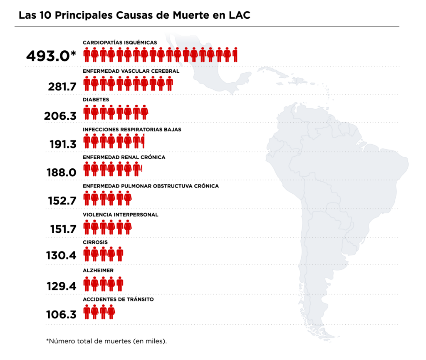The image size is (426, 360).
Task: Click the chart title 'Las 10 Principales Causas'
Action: [134, 15]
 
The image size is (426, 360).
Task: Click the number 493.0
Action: [48, 56]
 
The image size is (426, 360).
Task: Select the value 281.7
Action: [62, 86]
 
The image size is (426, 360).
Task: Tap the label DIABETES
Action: [96, 100]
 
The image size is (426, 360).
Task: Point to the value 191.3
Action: [62, 144]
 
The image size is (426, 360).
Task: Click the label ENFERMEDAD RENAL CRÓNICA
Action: [124, 157]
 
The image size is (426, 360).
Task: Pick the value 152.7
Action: [62, 201]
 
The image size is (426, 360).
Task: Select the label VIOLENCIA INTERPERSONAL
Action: [120, 215]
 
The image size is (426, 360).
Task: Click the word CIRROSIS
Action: [95, 242]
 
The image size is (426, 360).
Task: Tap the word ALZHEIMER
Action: [98, 271]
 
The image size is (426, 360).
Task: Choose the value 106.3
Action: [61, 315]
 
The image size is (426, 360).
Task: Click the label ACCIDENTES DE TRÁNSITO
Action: [118, 299]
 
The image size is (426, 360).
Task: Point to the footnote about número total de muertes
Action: [106, 341]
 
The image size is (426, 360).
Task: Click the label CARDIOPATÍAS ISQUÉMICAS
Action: [120, 42]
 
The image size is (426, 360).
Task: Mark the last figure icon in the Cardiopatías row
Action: [235, 55]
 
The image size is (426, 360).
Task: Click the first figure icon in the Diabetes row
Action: [87, 112]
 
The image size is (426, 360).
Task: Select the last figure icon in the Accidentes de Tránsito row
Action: [111, 312]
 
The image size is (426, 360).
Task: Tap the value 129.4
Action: [62, 286]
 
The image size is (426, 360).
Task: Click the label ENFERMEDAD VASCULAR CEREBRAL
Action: [131, 71]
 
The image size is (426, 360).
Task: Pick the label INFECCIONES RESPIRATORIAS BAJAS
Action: [132, 129]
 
